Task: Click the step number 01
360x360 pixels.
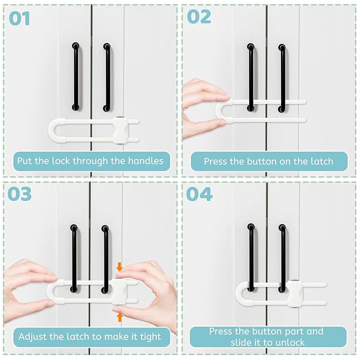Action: tap(19, 19)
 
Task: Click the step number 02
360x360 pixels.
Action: tap(199, 17)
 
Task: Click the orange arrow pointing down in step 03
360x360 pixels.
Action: tap(119, 267)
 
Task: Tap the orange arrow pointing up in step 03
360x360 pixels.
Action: tap(119, 317)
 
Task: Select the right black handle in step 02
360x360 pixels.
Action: tap(282, 78)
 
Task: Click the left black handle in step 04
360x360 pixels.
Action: tap(251, 252)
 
